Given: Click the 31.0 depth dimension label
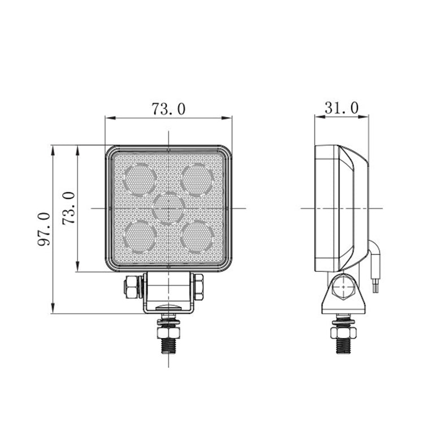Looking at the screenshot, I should (x=341, y=108).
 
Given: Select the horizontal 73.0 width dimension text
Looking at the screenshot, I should (x=168, y=109).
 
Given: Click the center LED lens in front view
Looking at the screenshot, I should (x=168, y=208).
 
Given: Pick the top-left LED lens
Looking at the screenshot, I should (x=140, y=179).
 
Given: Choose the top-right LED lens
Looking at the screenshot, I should (x=197, y=179).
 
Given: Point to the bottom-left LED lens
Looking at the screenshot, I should (x=140, y=236).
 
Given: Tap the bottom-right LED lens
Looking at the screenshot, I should (x=197, y=236).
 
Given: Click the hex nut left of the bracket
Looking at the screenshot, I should (x=132, y=286).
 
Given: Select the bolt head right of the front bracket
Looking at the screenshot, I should (x=199, y=286).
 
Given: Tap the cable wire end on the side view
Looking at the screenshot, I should (x=375, y=286).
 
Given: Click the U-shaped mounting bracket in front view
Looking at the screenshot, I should (x=168, y=294).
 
